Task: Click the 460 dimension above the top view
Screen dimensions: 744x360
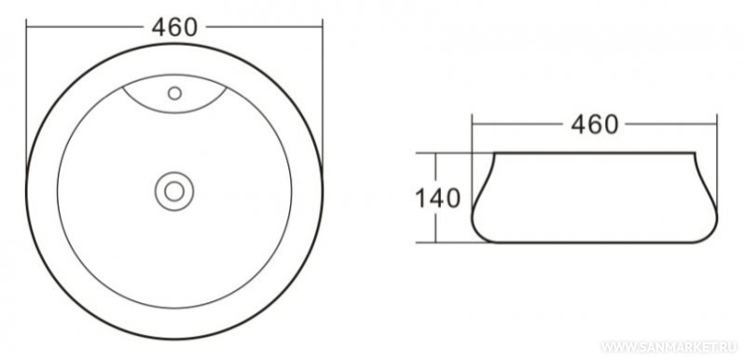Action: pyautogui.click(x=174, y=27)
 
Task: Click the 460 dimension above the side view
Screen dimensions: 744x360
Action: pyautogui.click(x=595, y=124)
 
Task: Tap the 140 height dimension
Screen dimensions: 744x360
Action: pyautogui.click(x=437, y=198)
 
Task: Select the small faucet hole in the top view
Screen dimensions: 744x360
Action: pyautogui.click(x=174, y=93)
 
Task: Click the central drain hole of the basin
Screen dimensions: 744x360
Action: pyautogui.click(x=174, y=191)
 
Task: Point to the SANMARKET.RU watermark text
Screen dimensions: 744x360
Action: pyautogui.click(x=669, y=347)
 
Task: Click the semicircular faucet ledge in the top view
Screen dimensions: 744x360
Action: pyautogui.click(x=174, y=113)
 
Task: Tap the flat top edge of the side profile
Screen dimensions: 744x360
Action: pyautogui.click(x=595, y=153)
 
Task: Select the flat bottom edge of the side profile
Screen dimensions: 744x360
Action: pyautogui.click(x=595, y=242)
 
